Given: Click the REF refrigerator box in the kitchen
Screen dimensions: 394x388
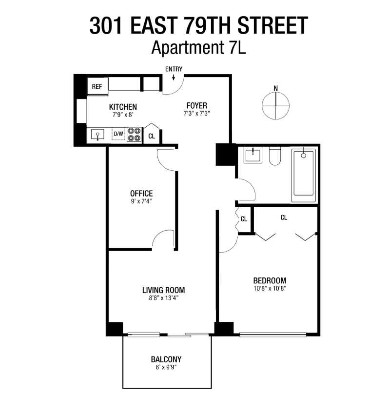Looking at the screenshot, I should (97, 87).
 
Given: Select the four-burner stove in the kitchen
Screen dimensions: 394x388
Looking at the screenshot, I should (134, 134).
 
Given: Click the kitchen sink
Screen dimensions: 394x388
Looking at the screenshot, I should (97, 135).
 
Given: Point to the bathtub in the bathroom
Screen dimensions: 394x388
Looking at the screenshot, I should (303, 176).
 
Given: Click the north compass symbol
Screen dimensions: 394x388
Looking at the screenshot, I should (275, 103).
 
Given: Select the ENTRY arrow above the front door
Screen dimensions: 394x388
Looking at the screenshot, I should (174, 77).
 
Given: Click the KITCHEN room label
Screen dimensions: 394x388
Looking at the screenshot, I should (122, 107).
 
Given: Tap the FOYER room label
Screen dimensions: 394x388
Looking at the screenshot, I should (197, 105).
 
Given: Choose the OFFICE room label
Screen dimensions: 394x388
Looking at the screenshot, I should (141, 193).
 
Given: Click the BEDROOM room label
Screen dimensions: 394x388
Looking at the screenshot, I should (269, 280).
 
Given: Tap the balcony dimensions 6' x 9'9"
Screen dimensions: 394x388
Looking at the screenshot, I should (166, 369).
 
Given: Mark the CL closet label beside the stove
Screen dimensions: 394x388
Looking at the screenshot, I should (152, 136).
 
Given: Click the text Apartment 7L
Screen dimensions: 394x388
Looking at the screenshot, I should (197, 48).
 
